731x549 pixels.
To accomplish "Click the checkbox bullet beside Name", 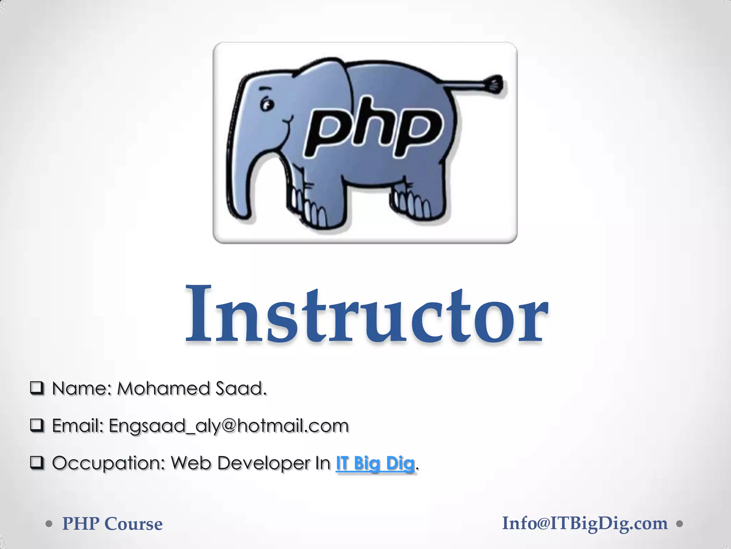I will pyautogui.click(x=37, y=388).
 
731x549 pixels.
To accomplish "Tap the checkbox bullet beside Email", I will pyautogui.click(x=37, y=425).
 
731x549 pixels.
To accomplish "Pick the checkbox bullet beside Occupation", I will pyautogui.click(x=37, y=463).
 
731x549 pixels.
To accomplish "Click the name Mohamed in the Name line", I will pyautogui.click(x=164, y=389).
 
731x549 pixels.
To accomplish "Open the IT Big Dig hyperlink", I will pyautogui.click(x=375, y=463).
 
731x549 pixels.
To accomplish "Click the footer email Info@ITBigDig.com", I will pyautogui.click(x=585, y=524).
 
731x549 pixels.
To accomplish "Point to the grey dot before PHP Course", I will pyautogui.click(x=49, y=524).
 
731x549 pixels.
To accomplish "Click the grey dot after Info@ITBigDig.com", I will pyautogui.click(x=680, y=524).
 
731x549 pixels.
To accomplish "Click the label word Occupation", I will pyautogui.click(x=109, y=463).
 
